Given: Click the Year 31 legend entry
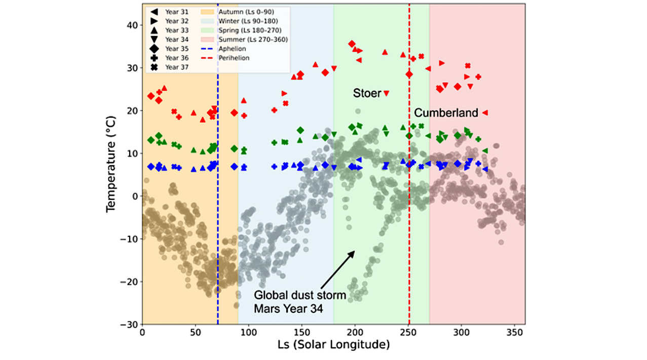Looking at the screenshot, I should [172, 12].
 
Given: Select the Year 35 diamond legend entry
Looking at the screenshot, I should [172, 49].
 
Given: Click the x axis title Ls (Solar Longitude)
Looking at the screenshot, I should [333, 346].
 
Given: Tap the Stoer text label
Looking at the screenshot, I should [367, 93].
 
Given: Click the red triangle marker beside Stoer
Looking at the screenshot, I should [386, 93].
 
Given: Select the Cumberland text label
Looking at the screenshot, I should [446, 113].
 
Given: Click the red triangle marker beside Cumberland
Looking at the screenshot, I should [485, 113].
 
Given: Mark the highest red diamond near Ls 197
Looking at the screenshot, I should [352, 44].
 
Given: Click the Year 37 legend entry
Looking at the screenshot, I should [172, 67].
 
